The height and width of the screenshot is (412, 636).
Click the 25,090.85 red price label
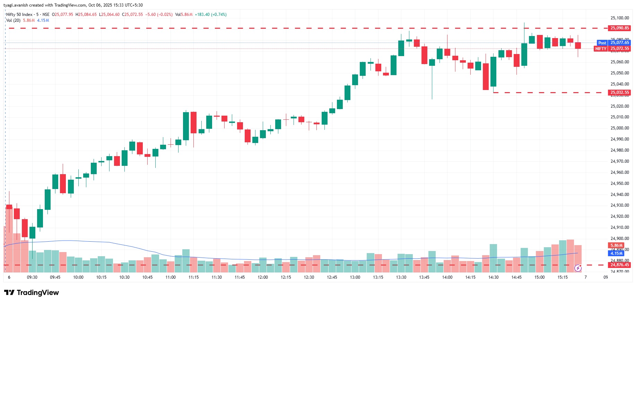[x=619, y=28]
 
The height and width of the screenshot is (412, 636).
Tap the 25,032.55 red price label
[x=619, y=92]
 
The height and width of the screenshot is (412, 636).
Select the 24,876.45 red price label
[x=619, y=265]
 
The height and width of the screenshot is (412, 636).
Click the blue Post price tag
[x=602, y=43]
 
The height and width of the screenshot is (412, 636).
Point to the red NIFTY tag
[x=601, y=49]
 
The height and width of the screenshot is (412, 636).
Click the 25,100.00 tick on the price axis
[x=619, y=18]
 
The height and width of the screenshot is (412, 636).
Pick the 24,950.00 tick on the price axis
[x=619, y=183]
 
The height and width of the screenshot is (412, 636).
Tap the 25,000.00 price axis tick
[x=619, y=128]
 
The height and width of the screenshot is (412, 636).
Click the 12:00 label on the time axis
[x=263, y=277]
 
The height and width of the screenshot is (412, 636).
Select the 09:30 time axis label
[x=32, y=277]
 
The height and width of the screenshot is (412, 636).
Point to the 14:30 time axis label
[x=493, y=277]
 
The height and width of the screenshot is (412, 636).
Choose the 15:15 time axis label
[x=563, y=277]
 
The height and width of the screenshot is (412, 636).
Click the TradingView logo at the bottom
[x=32, y=293]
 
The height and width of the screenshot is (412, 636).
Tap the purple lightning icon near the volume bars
[x=578, y=268]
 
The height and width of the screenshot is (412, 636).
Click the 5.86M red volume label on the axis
[x=616, y=245]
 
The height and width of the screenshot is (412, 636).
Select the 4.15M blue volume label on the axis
[x=616, y=253]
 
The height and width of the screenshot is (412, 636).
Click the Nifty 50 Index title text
[x=19, y=15]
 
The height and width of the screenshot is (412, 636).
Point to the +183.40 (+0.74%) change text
[x=210, y=15]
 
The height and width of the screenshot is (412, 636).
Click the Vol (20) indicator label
[x=13, y=20]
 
